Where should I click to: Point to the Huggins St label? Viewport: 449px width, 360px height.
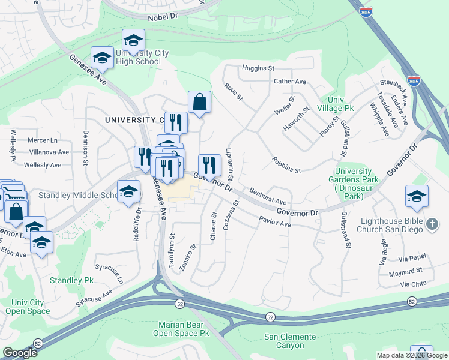[x=258, y=68]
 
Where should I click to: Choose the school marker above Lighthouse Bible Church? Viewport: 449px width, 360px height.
[x=417, y=196]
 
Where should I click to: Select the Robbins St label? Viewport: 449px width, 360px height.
[x=286, y=166]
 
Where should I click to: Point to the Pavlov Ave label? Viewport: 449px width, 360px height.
[x=275, y=222]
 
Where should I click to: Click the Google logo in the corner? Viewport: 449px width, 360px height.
[x=20, y=353]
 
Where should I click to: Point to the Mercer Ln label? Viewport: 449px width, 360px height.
[x=43, y=140]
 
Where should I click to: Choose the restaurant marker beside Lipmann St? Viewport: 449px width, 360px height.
[x=209, y=164]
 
